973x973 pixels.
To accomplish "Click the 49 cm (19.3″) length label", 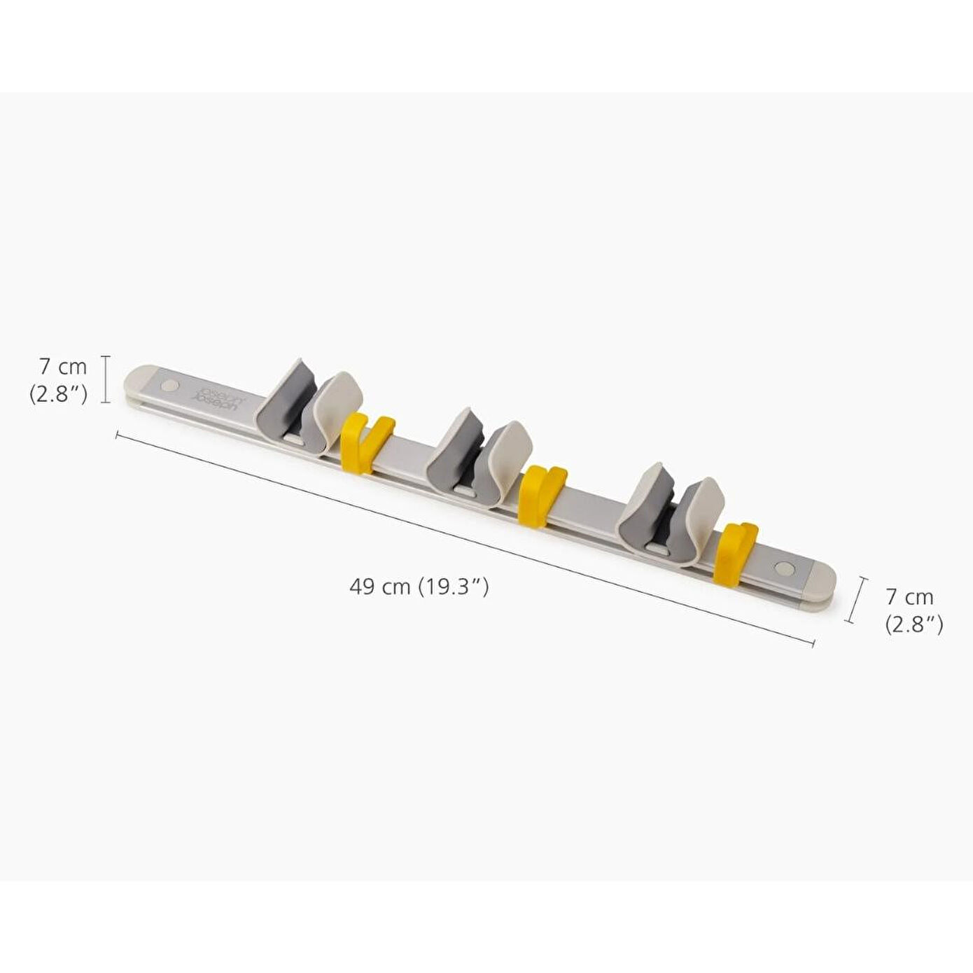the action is click(x=419, y=587).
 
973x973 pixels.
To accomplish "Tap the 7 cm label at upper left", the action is click(x=63, y=367).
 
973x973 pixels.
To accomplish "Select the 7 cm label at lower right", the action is click(x=909, y=597).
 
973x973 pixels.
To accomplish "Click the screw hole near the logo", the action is click(x=169, y=386).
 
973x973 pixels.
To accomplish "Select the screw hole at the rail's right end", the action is click(x=784, y=568).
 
